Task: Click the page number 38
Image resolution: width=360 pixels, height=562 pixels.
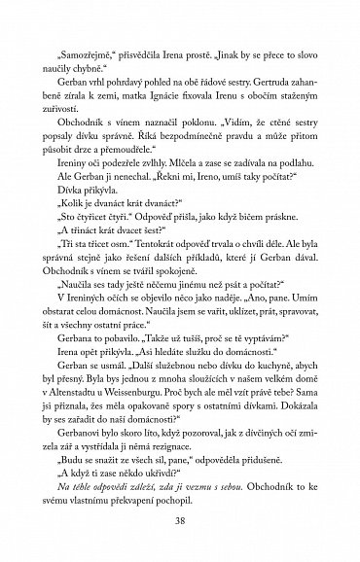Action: (179, 520)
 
